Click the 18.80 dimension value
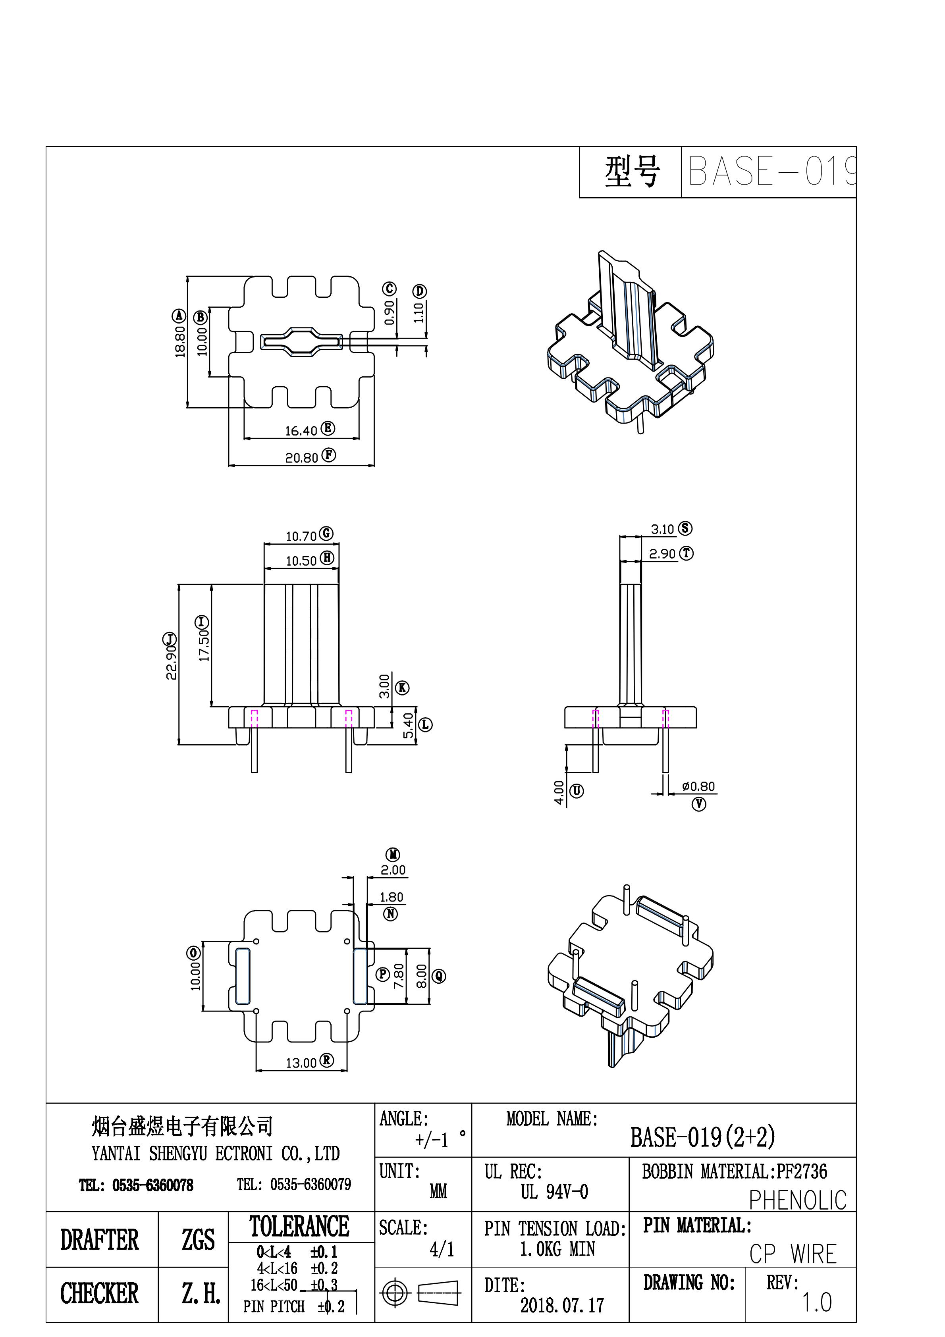coord(180,341)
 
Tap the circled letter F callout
coord(329,455)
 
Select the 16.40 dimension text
coord(301,431)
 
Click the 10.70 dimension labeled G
coord(301,536)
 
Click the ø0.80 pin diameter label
coord(698,787)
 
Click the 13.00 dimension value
coord(301,1063)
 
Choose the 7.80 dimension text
coord(399,976)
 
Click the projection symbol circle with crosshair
coord(395,1294)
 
